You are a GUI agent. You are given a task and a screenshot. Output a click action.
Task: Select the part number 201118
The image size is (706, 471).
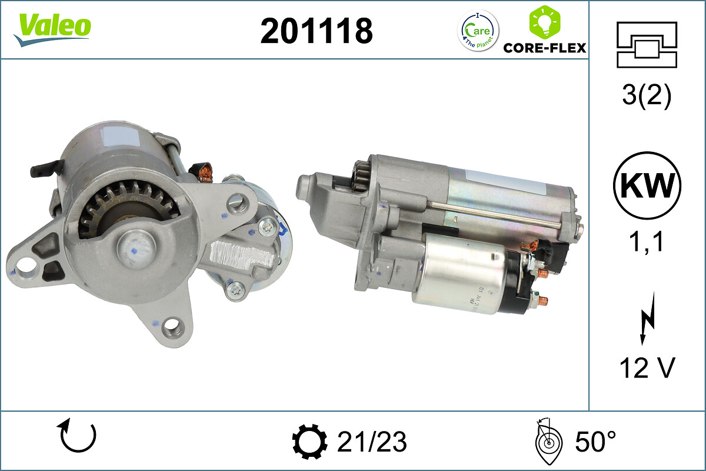point(317,31)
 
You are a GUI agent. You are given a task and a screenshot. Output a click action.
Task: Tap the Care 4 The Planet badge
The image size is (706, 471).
point(478,31)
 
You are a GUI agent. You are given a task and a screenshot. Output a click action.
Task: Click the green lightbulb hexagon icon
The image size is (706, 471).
point(545,22)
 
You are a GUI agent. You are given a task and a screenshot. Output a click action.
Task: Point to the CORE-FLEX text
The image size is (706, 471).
point(545,48)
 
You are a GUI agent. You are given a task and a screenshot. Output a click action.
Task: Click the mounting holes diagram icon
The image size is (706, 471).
point(647,45)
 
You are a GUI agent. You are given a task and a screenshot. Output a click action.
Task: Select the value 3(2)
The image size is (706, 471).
point(647,95)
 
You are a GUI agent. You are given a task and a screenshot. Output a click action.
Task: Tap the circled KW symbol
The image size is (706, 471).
point(647,185)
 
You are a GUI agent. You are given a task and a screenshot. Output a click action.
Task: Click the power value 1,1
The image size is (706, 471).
point(646,241)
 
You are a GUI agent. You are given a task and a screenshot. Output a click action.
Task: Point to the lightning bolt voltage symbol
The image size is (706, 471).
point(648,319)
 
